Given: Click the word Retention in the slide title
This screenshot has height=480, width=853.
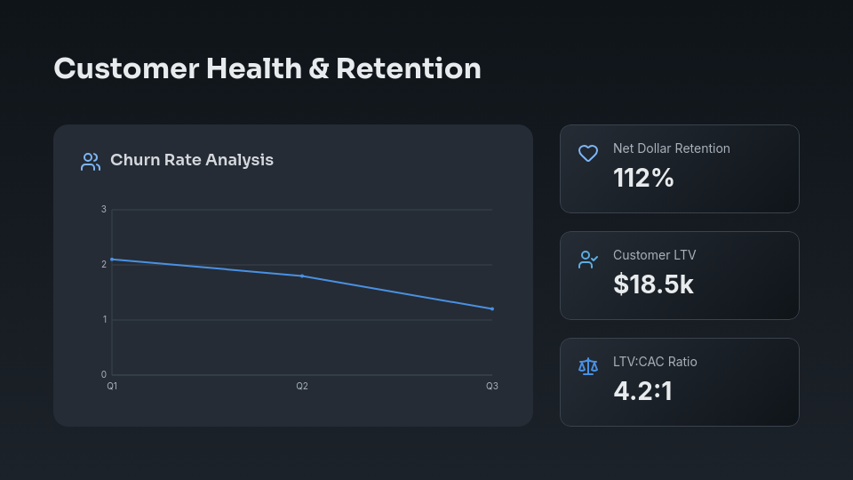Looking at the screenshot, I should tap(408, 68).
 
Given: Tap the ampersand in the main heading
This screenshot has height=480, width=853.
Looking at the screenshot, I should tap(318, 68).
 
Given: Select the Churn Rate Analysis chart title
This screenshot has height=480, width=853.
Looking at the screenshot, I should tap(192, 160).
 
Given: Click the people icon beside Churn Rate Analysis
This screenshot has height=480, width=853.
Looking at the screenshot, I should tap(91, 162).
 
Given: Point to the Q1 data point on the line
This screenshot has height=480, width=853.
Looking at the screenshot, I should tap(112, 259).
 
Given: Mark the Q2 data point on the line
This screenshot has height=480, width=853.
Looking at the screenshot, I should tap(302, 276).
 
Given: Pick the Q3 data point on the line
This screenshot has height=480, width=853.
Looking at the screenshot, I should tap(492, 308).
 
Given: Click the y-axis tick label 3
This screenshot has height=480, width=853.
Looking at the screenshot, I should tap(104, 210).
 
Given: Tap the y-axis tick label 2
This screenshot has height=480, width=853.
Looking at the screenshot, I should tap(104, 264).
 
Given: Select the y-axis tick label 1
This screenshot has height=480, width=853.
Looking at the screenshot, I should tap(104, 319).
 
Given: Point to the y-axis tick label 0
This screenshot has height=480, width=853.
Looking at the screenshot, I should tap(104, 374).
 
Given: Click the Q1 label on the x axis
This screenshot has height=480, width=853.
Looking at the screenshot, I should tap(112, 387).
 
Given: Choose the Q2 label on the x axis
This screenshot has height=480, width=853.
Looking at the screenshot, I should tap(302, 387).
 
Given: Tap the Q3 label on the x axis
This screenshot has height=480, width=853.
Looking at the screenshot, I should tap(491, 387).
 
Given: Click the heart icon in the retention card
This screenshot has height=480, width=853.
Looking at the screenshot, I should tap(588, 153).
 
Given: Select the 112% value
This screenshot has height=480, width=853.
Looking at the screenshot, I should tap(643, 178).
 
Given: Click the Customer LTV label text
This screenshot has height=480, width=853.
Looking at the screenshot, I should tap(654, 255).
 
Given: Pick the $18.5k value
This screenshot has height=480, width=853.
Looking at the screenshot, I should tap(653, 284).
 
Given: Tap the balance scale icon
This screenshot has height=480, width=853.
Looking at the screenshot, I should tap(588, 366).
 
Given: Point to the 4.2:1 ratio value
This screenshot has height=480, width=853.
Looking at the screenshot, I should tap(642, 391).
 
